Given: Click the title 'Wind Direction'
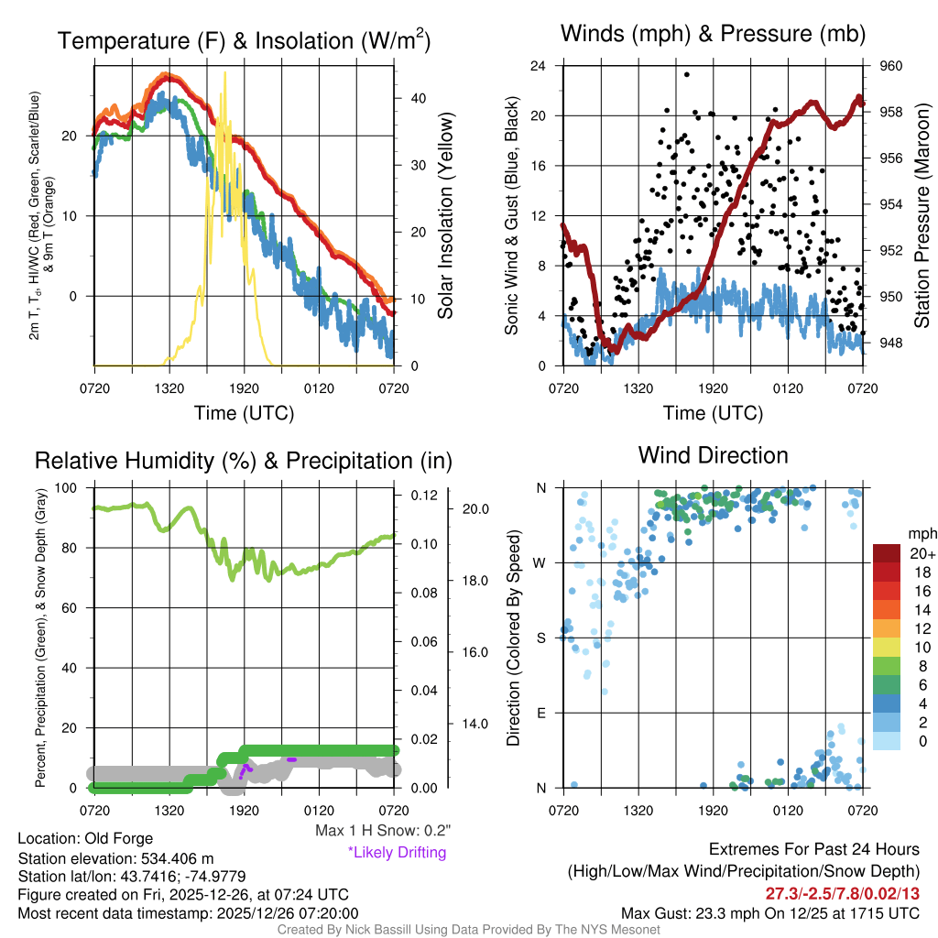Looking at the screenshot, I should point(713,455).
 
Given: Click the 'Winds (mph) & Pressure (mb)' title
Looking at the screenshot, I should point(713,35).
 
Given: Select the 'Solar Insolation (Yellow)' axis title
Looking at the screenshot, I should point(446,216).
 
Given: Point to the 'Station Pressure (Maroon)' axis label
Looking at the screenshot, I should point(922,216).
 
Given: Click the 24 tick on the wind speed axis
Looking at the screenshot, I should point(538,66).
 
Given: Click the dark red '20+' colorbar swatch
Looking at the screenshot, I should point(887,553).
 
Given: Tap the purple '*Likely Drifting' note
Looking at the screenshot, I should point(397,852).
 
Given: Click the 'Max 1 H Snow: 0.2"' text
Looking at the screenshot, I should point(383,831).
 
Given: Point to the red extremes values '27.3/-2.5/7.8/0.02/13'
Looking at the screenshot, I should point(842,893).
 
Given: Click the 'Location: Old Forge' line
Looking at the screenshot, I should point(85,838).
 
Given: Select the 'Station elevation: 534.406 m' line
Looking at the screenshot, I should point(115,858).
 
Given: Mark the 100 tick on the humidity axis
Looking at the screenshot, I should point(66,487).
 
